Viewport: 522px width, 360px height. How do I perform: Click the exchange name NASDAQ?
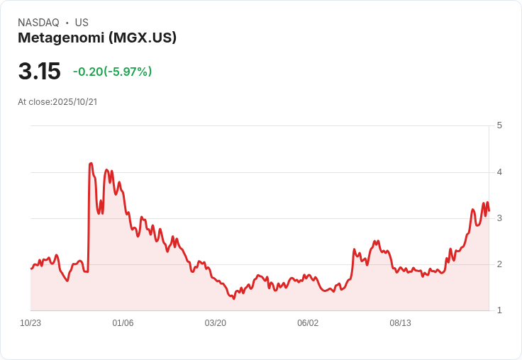(38, 23)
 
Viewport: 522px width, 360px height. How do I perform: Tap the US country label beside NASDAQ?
(82, 23)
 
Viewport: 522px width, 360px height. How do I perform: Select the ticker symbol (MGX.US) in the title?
(143, 38)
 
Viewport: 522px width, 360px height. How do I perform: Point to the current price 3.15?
(39, 72)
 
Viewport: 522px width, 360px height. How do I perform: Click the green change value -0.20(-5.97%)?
(112, 72)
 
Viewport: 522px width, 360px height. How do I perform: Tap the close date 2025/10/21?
(74, 102)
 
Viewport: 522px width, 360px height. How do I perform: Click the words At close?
(33, 102)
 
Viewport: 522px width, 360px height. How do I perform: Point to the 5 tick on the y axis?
(499, 125)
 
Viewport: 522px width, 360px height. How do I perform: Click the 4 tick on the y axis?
(499, 171)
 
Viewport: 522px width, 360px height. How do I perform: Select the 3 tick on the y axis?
(499, 218)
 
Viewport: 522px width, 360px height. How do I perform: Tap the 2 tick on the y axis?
(499, 264)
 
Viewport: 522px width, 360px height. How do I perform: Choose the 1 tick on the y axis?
(499, 310)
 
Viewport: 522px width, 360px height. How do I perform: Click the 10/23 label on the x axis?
(30, 323)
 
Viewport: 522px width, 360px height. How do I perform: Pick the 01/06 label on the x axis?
(123, 323)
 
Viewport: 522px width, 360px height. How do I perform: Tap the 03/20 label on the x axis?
(216, 323)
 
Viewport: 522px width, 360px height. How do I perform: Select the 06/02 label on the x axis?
(308, 323)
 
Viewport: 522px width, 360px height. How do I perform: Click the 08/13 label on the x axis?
(400, 323)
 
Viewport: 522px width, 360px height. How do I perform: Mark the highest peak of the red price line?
(91, 164)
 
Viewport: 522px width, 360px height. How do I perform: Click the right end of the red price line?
(489, 210)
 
